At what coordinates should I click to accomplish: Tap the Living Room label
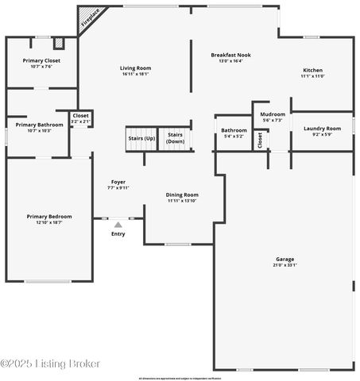click(135, 68)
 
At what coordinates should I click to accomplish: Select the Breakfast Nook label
click(230, 55)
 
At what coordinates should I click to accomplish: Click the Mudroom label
click(273, 114)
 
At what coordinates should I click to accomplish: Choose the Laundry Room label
click(322, 128)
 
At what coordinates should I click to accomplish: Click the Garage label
click(285, 259)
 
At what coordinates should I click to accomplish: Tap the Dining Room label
click(182, 194)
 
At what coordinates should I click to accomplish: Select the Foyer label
click(118, 182)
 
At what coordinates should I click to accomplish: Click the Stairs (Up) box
click(141, 138)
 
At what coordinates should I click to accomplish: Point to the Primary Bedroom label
click(48, 217)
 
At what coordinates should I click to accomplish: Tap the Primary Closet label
click(42, 60)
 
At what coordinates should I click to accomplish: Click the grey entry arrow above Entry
click(118, 225)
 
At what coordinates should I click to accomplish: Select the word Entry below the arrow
click(118, 234)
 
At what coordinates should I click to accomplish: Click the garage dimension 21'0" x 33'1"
click(285, 265)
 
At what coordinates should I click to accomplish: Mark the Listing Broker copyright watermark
click(50, 364)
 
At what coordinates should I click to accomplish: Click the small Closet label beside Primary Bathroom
click(80, 116)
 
